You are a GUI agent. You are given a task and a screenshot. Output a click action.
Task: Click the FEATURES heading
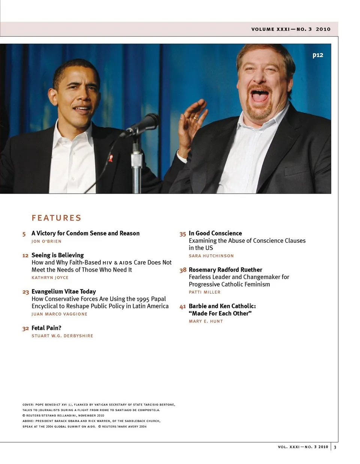tap(56, 218)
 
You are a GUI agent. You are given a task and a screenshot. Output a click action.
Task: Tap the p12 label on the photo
tap(318, 55)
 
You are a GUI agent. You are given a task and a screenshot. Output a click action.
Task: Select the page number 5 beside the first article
tap(24, 234)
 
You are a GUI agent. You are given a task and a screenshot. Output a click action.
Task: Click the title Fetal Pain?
tap(46, 328)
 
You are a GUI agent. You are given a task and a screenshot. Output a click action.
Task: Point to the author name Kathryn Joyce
tap(50, 278)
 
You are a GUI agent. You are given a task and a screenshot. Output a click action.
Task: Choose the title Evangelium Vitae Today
tap(64, 291)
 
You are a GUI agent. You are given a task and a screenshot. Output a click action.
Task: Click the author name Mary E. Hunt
tap(206, 321)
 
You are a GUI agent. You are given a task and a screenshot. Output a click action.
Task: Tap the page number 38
tap(183, 270)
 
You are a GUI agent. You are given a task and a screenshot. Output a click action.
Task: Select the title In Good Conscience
tap(215, 233)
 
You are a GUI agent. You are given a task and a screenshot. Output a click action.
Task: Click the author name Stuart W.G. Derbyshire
tap(62, 336)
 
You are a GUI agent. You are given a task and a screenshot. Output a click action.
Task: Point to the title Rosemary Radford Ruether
tap(225, 270)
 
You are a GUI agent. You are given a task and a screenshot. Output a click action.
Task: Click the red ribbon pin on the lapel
tap(111, 158)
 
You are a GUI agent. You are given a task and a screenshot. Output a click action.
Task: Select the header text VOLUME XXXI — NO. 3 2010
tap(291, 29)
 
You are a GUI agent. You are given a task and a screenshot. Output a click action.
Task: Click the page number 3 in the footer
tap(335, 447)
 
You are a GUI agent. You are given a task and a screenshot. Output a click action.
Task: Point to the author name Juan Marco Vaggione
tap(59, 314)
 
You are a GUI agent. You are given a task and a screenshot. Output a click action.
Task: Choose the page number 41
tap(183, 306)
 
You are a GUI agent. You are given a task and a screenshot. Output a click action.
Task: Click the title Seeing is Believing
tap(58, 255)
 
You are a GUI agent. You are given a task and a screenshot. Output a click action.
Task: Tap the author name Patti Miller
tap(204, 292)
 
